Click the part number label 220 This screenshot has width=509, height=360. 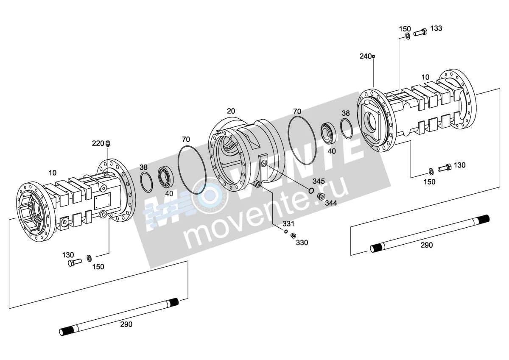98,144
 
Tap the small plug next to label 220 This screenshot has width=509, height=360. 108,144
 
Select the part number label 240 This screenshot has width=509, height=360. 365,56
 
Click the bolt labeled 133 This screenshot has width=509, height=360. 420,33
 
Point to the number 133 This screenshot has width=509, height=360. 436,28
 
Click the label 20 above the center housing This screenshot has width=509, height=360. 231,111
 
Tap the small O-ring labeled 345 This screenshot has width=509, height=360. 311,190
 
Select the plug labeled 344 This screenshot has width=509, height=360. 321,196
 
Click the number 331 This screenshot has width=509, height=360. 288,224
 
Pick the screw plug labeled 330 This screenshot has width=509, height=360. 294,236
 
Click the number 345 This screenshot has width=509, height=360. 319,181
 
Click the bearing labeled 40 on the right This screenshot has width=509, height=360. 329,133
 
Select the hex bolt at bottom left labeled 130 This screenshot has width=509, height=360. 75,262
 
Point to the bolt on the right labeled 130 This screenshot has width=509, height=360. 445,168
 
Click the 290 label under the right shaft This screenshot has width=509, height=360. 427,245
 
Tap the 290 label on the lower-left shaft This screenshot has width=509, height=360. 126,324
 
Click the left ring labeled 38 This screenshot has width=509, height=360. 147,182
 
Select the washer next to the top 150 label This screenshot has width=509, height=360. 408,36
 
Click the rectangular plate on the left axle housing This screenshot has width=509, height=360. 103,201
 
